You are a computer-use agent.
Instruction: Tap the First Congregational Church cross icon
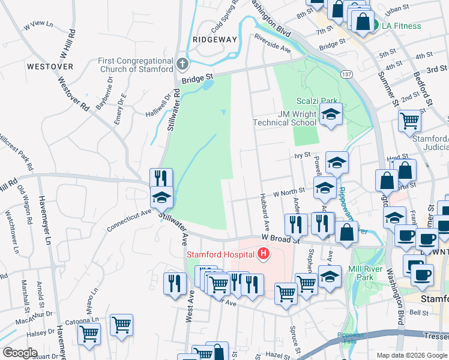[x=183, y=62]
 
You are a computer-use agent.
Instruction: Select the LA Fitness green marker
[x=375, y=26]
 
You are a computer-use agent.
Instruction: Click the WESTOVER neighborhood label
[x=50, y=66]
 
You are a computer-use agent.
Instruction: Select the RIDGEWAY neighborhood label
[x=215, y=39]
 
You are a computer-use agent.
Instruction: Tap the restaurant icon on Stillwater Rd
[x=160, y=178]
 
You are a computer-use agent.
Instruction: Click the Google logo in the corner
[x=20, y=353]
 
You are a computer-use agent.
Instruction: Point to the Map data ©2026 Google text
[x=412, y=355]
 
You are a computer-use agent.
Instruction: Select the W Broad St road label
[x=280, y=238]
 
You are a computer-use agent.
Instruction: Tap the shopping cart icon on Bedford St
[x=409, y=120]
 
